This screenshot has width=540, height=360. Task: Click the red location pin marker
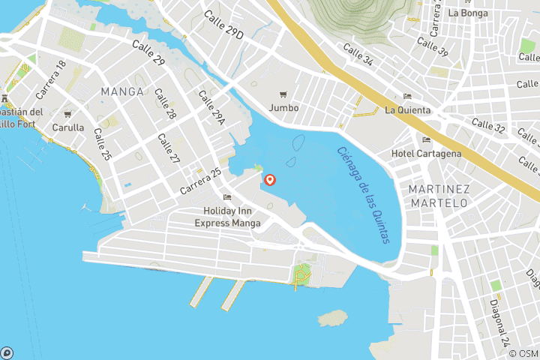270,180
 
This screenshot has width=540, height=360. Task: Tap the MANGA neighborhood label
121,91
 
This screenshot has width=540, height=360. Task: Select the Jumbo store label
283,108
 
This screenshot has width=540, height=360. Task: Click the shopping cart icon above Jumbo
283,94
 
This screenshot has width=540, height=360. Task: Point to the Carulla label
67,127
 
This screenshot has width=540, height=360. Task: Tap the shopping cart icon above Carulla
67,115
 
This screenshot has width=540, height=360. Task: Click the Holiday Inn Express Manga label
228,217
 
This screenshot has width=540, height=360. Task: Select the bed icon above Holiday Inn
227,197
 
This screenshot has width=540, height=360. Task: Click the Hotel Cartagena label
426,154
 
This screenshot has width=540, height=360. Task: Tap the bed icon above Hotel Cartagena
427,139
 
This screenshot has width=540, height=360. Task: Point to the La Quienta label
407,110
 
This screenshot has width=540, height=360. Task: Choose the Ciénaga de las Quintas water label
364,194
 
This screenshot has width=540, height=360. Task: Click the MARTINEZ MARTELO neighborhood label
439,196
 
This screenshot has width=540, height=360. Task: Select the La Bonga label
467,13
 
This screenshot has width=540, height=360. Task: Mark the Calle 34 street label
358,54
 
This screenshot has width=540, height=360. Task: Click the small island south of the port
332,318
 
